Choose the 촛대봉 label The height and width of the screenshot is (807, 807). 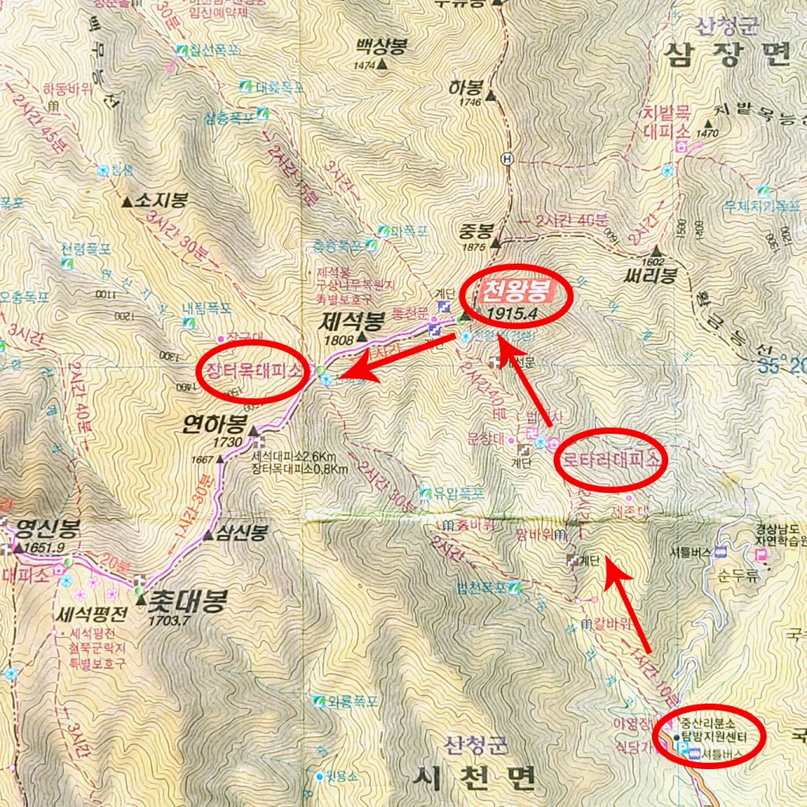pyautogui.click(x=186, y=599)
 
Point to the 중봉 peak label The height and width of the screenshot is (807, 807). pyautogui.click(x=475, y=231)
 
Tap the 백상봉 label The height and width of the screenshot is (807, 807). pyautogui.click(x=383, y=47)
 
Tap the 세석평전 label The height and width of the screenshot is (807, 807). pyautogui.click(x=91, y=615)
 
